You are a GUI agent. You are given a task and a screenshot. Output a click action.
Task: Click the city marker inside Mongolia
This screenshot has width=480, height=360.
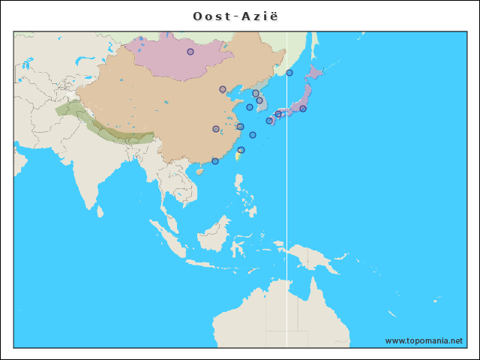pos(190,52)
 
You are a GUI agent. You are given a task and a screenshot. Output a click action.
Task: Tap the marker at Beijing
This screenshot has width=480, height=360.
pos(222,89)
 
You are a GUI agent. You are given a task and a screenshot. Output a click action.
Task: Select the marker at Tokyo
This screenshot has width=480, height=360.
pos(303,109)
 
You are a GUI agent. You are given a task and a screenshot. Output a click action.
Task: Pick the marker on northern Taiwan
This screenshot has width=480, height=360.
pos(241,150)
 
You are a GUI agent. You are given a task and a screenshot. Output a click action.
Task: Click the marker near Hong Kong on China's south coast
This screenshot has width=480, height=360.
pos(215,161)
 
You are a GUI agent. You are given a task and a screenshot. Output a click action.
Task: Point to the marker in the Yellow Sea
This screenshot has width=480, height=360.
pos(250,107)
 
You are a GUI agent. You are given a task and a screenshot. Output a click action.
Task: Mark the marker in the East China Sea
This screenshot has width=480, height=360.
pos(253,135)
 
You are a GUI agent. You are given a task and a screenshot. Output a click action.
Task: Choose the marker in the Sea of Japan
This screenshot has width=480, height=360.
pos(289,73)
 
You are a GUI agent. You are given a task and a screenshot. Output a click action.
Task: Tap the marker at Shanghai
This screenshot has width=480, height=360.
pos(240,127)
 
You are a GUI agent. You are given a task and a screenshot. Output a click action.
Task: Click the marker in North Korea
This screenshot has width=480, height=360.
pos(256,94)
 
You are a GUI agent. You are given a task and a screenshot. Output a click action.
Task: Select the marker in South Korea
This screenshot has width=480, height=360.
pos(259,100)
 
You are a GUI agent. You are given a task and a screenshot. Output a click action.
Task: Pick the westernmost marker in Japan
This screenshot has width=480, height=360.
pos(269,121)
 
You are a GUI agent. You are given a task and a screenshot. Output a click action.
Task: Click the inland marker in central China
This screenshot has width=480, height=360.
pos(216,129)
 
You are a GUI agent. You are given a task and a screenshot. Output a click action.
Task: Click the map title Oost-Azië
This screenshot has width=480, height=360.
pos(240,16)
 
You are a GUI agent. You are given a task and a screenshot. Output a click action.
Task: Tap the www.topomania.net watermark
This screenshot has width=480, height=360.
pos(424,340)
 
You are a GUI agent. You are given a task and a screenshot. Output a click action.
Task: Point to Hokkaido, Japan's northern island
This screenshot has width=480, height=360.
pos(313,73)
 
